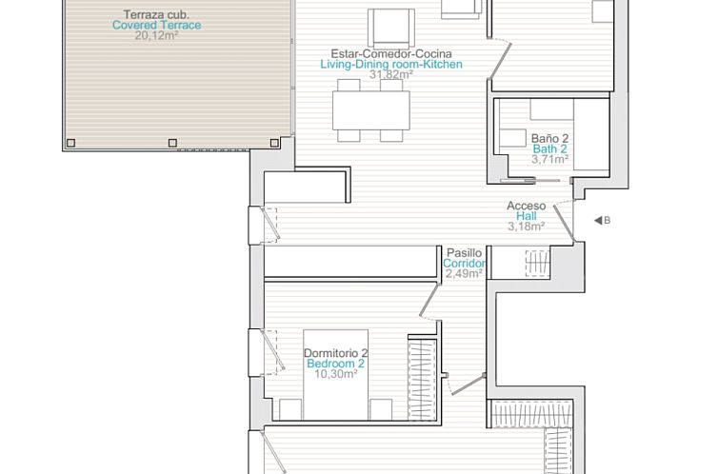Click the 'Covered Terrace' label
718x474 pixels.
[157, 26]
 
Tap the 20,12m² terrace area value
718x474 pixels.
[157, 36]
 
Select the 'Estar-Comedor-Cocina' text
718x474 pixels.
[391, 54]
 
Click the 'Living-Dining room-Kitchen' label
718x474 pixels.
[391, 65]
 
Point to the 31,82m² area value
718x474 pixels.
[391, 75]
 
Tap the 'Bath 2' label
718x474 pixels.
[549, 149]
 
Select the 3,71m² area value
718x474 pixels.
[549, 160]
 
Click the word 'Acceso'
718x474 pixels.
[526, 206]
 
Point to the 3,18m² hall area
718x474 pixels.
[526, 227]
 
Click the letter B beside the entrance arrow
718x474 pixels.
[607, 221]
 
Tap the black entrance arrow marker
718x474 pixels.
[597, 221]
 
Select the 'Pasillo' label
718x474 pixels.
[464, 253]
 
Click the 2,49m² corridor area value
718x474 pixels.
[464, 274]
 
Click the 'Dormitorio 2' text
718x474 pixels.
[335, 354]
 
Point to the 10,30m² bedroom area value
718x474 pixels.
[335, 374]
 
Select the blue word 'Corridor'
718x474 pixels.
[465, 264]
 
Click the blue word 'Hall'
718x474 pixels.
[526, 216]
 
